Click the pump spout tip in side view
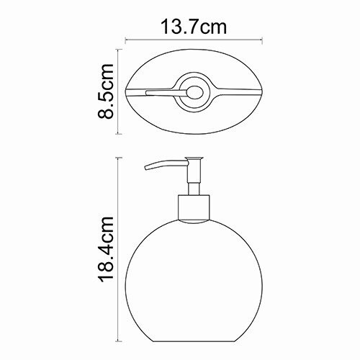[x=148, y=170]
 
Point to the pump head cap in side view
[x=192, y=161]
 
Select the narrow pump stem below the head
[x=192, y=183]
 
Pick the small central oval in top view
[x=192, y=91]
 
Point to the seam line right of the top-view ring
[x=234, y=93]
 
